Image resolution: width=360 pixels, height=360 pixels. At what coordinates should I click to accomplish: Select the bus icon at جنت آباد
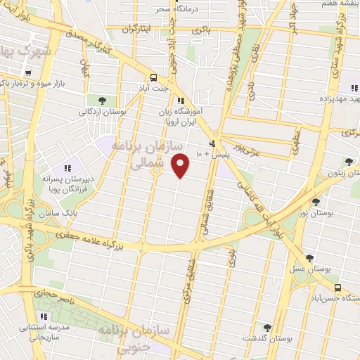tap(153, 78)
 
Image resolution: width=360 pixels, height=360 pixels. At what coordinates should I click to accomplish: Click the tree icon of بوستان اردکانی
tap(103, 100)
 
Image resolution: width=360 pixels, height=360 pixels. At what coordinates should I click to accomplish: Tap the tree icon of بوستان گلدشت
tap(266, 327)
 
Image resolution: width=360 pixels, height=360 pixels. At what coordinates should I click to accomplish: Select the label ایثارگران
tap(137, 30)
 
